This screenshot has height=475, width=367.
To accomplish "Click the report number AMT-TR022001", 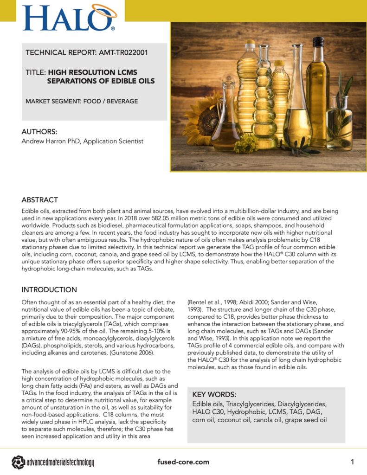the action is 123,52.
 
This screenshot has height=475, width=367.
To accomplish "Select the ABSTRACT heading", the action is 40,200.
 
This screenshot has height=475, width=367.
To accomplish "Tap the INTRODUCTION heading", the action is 49,290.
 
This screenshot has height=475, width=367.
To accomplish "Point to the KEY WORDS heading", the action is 214,394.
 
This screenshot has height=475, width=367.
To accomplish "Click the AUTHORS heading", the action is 39,132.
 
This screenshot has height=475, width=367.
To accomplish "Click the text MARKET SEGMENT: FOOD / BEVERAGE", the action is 82,101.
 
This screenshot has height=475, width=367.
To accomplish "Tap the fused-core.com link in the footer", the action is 184,462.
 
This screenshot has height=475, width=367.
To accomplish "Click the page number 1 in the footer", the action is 353,462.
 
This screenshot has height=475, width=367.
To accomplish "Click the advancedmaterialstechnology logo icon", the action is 18,462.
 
